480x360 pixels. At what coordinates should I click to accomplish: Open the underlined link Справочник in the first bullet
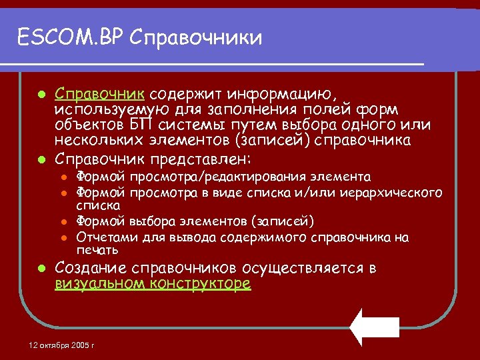coord(101,92)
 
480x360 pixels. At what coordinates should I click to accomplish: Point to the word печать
coord(97,250)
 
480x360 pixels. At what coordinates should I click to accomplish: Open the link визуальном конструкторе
coord(153,284)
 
